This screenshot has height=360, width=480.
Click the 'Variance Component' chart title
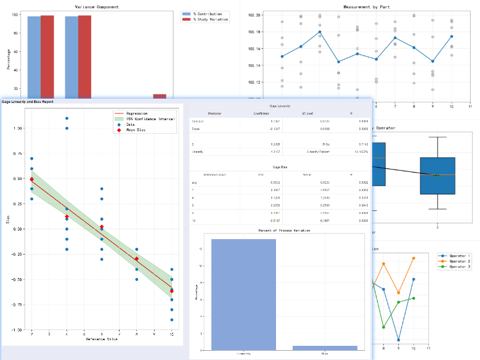click(x=97, y=7)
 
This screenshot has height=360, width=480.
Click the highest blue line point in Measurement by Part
click(x=320, y=31)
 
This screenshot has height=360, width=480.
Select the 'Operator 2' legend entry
click(x=459, y=261)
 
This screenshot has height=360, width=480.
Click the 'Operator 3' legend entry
click(x=459, y=268)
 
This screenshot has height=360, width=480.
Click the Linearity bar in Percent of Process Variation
click(x=243, y=294)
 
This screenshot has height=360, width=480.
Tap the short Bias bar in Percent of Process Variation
click(x=325, y=348)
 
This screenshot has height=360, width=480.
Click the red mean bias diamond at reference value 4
click(x=67, y=217)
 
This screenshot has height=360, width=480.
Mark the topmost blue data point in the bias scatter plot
click(x=67, y=118)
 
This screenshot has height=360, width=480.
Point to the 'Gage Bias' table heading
click(x=280, y=167)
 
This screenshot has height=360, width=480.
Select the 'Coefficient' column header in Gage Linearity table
click(x=261, y=113)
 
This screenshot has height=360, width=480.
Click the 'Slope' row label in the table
click(x=196, y=129)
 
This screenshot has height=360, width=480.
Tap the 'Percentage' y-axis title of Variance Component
click(x=9, y=59)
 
